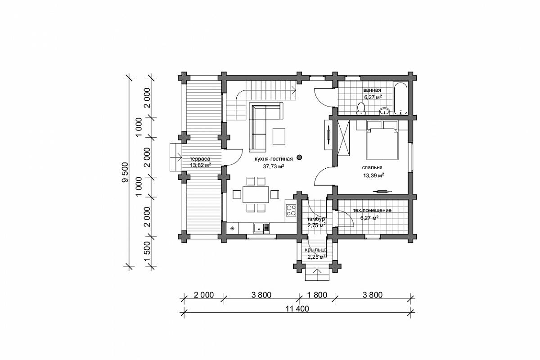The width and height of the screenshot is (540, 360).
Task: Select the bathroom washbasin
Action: [x=384, y=111]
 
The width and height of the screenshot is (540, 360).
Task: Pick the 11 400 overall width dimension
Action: [x=297, y=309]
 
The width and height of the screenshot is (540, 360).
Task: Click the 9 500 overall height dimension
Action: [x=125, y=172]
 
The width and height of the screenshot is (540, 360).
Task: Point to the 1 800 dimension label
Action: [x=317, y=295]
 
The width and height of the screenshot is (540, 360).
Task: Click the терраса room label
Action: [x=200, y=159]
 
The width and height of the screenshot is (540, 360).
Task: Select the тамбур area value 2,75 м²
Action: [x=316, y=225]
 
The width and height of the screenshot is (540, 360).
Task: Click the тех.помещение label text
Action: [x=372, y=210]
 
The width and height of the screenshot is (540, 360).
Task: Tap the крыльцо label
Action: [x=315, y=250]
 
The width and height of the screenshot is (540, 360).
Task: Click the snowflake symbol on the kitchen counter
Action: [x=232, y=228]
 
